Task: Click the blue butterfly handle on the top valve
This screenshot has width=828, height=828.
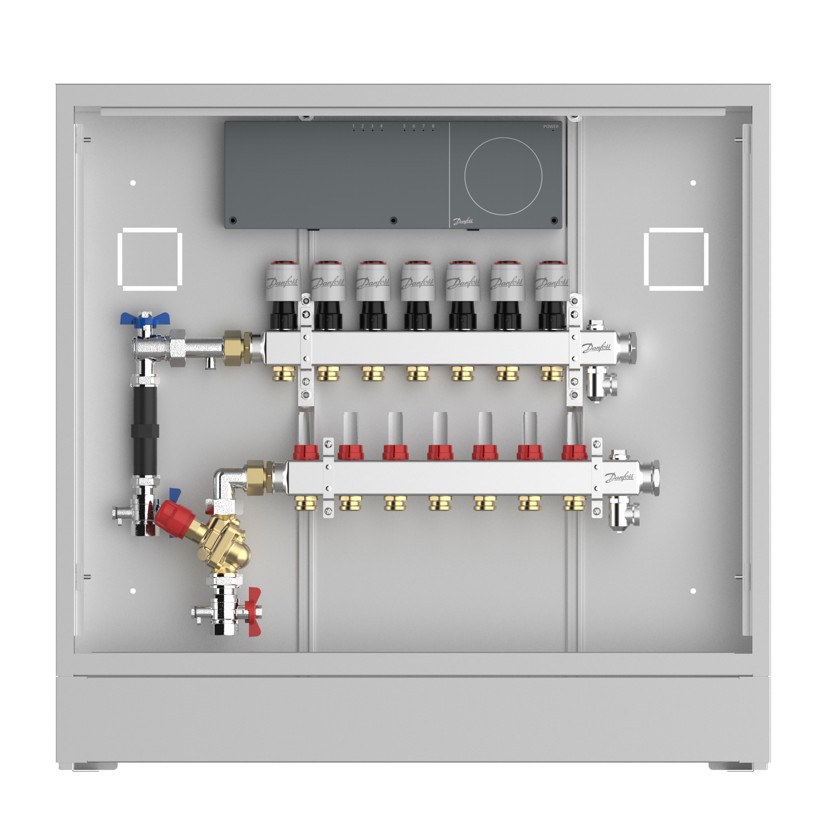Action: click(x=145, y=318)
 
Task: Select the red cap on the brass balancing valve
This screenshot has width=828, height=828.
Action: click(x=174, y=520)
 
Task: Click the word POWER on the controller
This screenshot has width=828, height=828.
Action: click(x=551, y=126)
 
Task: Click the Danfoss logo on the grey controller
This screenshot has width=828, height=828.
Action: click(x=463, y=221)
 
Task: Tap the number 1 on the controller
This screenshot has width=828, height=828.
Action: click(x=354, y=126)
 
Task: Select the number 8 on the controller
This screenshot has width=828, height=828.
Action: click(x=433, y=126)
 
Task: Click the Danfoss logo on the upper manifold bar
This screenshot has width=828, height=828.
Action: click(x=596, y=347)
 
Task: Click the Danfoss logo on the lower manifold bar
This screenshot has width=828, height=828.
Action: click(x=619, y=477)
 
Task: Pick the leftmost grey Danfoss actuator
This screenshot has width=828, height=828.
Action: click(x=282, y=281)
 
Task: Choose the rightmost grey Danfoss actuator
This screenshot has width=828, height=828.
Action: click(x=552, y=281)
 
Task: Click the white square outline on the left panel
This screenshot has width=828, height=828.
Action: click(x=120, y=259)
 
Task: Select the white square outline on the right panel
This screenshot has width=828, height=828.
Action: click(x=646, y=259)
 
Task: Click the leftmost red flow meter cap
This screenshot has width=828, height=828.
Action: click(x=306, y=453)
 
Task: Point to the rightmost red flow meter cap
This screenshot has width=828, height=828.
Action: click(x=574, y=453)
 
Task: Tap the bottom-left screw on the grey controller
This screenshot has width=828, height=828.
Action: click(x=233, y=221)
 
